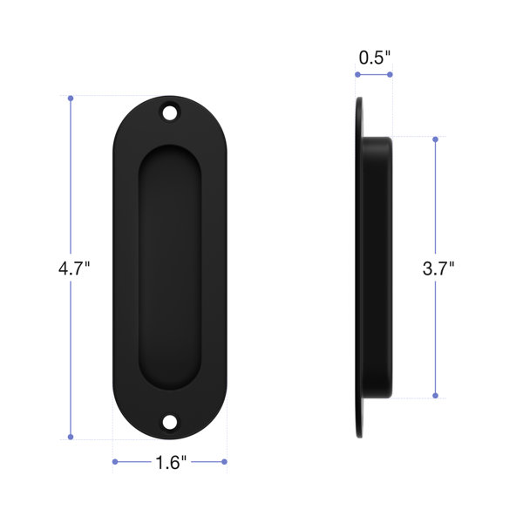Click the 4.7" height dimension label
(74, 268)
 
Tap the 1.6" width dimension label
(171, 463)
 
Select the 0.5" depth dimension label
(374, 58)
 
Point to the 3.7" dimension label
(438, 268)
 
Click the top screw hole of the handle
(170, 112)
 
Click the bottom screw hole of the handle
(170, 422)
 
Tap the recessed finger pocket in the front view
(170, 268)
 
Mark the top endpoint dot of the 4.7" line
(71, 98)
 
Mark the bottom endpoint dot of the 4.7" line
(71, 437)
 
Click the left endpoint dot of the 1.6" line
(115, 462)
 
